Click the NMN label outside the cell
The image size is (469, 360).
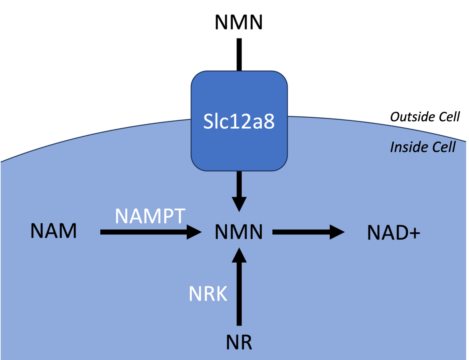(x=239, y=22)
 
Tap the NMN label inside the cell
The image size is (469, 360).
(x=239, y=232)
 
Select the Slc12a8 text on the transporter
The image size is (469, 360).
(x=239, y=121)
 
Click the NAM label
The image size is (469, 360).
(x=53, y=231)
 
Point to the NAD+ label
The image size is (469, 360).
(x=393, y=233)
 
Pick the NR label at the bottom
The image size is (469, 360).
(x=239, y=342)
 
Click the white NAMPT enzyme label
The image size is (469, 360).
(x=150, y=216)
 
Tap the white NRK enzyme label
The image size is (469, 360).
(x=208, y=294)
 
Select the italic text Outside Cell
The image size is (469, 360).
(x=425, y=117)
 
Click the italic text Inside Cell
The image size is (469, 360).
(x=423, y=147)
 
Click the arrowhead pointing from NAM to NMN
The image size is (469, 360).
(x=194, y=232)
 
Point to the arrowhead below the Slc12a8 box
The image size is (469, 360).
(x=239, y=204)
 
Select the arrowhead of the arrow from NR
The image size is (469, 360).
(x=239, y=256)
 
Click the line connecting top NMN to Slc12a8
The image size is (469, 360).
(x=239, y=54)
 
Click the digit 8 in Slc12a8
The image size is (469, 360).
(x=269, y=121)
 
